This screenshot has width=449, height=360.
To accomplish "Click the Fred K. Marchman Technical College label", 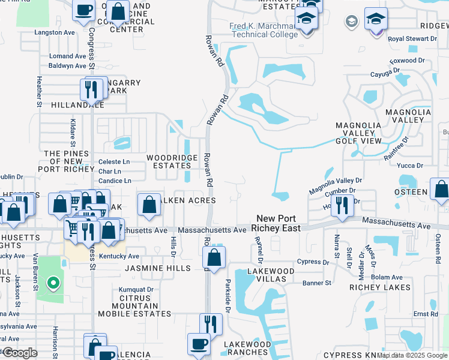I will click(x=263, y=31).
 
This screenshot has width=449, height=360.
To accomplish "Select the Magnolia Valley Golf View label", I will click(x=358, y=133).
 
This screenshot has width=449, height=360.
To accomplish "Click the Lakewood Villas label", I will click(x=271, y=275).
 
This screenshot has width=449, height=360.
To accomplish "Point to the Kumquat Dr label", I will click(x=137, y=289).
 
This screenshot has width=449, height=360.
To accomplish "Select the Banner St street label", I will click(x=316, y=283).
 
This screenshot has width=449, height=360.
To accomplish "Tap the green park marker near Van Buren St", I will click(x=53, y=283).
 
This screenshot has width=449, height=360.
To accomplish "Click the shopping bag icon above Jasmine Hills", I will click(x=214, y=258).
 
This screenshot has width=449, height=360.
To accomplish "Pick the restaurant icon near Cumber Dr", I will click(x=342, y=205).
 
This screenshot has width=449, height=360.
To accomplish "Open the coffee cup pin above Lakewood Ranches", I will click(x=199, y=344).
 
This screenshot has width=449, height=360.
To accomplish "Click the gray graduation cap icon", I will click(x=351, y=22).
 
